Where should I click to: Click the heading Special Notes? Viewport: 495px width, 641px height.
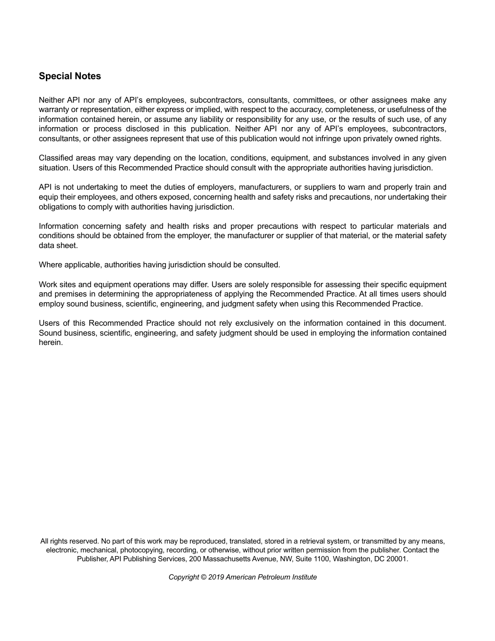[70, 76]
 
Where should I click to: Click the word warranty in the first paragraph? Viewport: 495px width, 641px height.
[55, 109]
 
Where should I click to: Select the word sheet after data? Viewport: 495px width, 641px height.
[68, 245]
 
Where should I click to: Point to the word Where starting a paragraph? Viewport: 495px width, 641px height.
[50, 265]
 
